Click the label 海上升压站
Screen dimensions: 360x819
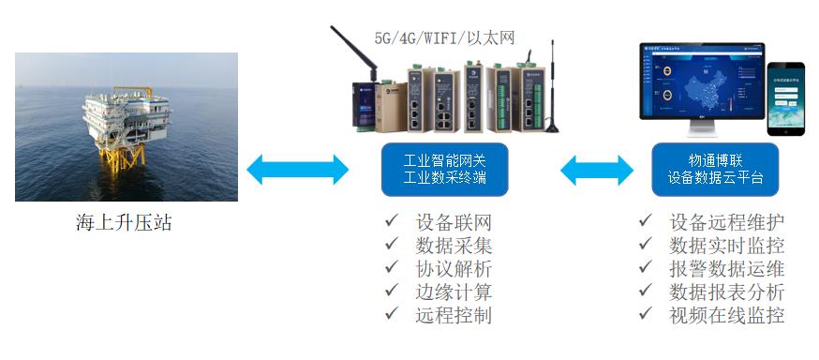pyautogui.click(x=124, y=223)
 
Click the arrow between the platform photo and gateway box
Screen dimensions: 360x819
pyautogui.click(x=296, y=171)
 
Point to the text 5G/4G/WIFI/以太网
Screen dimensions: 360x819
pyautogui.click(x=444, y=38)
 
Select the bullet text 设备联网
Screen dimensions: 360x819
pyautogui.click(x=453, y=223)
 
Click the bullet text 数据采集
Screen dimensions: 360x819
pyautogui.click(x=453, y=246)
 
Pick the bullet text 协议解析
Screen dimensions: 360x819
pyautogui.click(x=453, y=269)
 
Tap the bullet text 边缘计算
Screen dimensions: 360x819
pyautogui.click(x=453, y=292)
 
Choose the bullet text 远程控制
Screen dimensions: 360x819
pyautogui.click(x=453, y=315)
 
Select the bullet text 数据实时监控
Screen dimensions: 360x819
pyautogui.click(x=727, y=246)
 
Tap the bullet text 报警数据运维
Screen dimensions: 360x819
pyautogui.click(x=727, y=268)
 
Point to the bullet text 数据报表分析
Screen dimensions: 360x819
pyautogui.click(x=727, y=292)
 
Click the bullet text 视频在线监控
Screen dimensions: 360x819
pyautogui.click(x=727, y=315)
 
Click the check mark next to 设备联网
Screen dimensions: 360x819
pyautogui.click(x=391, y=222)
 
